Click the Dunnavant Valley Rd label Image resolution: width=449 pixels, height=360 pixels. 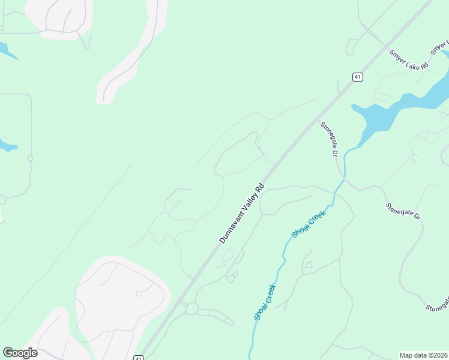click(242, 213)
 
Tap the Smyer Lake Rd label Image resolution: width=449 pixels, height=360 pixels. click(408, 59)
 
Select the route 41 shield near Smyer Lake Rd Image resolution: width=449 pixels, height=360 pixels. click(357, 77)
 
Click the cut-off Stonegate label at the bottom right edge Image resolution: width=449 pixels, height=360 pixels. click(437, 306)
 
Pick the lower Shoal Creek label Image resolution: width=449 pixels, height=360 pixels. click(264, 302)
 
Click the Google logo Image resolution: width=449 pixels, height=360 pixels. click(20, 353)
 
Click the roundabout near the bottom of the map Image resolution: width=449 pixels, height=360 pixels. click(191, 308)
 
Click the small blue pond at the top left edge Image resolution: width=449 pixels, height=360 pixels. click(7, 50)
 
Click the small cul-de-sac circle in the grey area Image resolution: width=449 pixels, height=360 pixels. click(139, 293)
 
